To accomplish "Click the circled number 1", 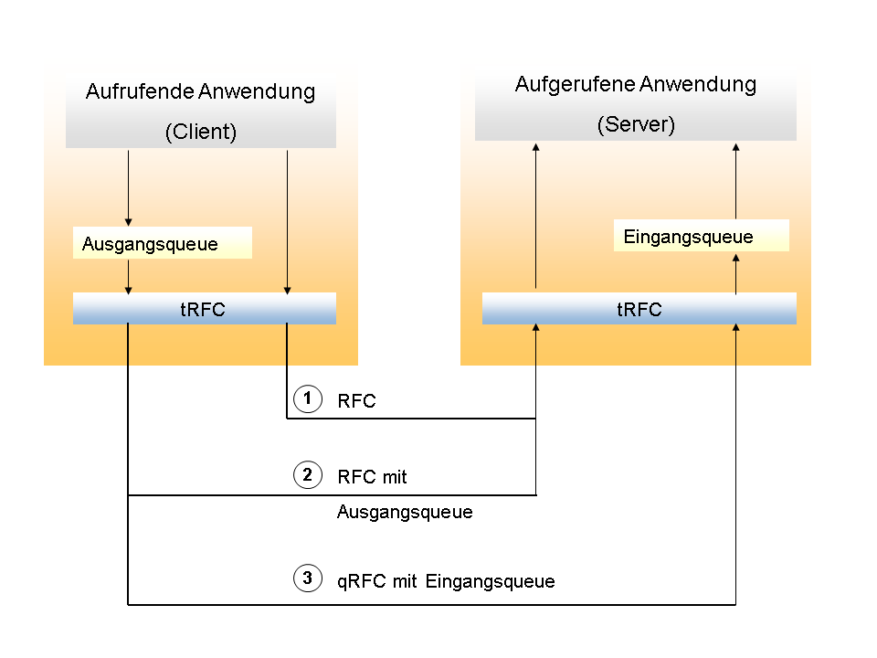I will [308, 399].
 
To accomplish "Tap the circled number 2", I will [308, 475].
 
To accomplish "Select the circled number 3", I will [308, 578].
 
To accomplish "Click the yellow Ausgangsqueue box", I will [162, 244].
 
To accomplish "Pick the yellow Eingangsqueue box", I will [700, 237].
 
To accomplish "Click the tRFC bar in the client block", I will [204, 309].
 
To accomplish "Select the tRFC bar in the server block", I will [639, 309].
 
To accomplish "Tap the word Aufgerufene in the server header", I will [573, 85].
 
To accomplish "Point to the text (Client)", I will [201, 132].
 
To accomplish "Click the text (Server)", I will [636, 125].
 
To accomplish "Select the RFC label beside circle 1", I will [356, 401].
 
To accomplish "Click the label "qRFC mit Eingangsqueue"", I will [446, 581].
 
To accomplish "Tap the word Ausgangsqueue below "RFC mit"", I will [405, 512].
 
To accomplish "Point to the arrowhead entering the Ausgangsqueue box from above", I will [128, 222].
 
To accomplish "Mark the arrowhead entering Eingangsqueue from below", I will [736, 258].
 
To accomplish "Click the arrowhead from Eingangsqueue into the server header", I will [736, 146].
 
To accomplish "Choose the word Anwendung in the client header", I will [261, 91].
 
